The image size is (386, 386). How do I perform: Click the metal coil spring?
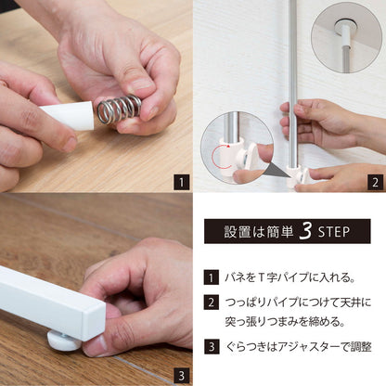[119, 109]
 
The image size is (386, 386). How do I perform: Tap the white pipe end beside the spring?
[68, 116]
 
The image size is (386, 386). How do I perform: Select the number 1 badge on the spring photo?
[181, 183]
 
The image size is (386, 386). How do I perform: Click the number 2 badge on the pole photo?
[375, 183]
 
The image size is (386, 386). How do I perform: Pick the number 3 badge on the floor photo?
[181, 376]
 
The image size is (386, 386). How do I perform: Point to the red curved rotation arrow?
[219, 156]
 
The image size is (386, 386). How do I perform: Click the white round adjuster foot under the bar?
[63, 341]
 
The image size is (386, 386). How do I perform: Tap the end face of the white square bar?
[94, 322]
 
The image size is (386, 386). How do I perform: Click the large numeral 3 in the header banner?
[305, 231]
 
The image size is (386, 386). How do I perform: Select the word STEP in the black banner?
[334, 232]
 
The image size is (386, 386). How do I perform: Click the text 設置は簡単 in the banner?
[259, 232]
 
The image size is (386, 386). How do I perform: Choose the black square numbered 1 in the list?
[212, 277]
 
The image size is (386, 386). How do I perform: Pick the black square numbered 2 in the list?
[212, 302]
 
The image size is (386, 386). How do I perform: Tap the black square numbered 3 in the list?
[212, 346]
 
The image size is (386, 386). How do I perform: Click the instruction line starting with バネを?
[289, 277]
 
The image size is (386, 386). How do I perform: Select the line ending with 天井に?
[298, 302]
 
